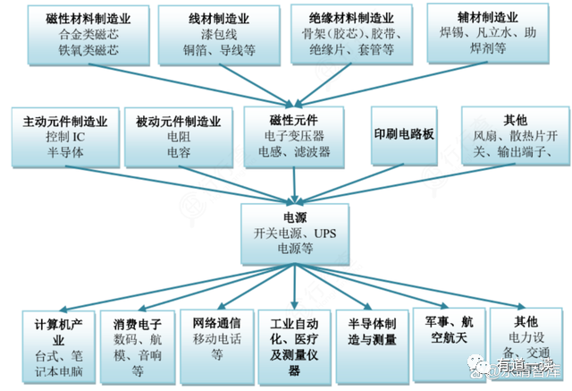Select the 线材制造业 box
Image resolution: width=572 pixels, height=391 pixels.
218,33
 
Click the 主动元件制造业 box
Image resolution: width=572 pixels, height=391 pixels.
65,136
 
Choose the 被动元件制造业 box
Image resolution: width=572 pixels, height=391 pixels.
180,136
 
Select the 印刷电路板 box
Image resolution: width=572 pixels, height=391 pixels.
404,134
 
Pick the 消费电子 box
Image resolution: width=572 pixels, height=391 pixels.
137,344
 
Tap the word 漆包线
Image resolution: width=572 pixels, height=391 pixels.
218,33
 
